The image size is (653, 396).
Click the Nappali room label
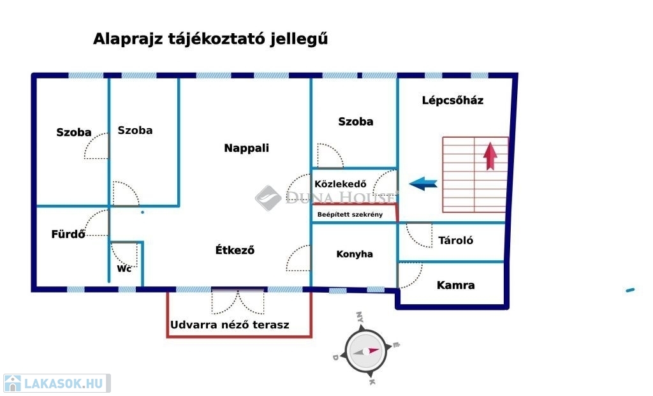coord(247,148)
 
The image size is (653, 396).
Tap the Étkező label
coord(235,250)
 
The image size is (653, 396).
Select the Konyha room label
coord(355,254)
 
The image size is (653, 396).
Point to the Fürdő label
coord(68,234)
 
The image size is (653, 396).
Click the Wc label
coord(124,268)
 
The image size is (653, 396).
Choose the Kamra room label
coord(455,285)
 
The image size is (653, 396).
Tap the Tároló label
coord(455,240)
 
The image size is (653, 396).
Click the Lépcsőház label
coord(453,100)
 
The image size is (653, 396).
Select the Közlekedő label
coord(341,184)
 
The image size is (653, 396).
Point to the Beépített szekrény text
coord(350,215)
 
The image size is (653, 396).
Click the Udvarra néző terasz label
coord(230,325)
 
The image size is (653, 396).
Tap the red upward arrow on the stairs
coord(490,156)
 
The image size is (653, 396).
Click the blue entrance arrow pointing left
coord(423,183)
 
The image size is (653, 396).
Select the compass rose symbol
coord(366,351)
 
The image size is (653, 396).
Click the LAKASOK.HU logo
coord(57,383)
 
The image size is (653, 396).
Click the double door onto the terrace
coord(238,302)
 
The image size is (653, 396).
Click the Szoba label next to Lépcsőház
coord(356,122)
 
